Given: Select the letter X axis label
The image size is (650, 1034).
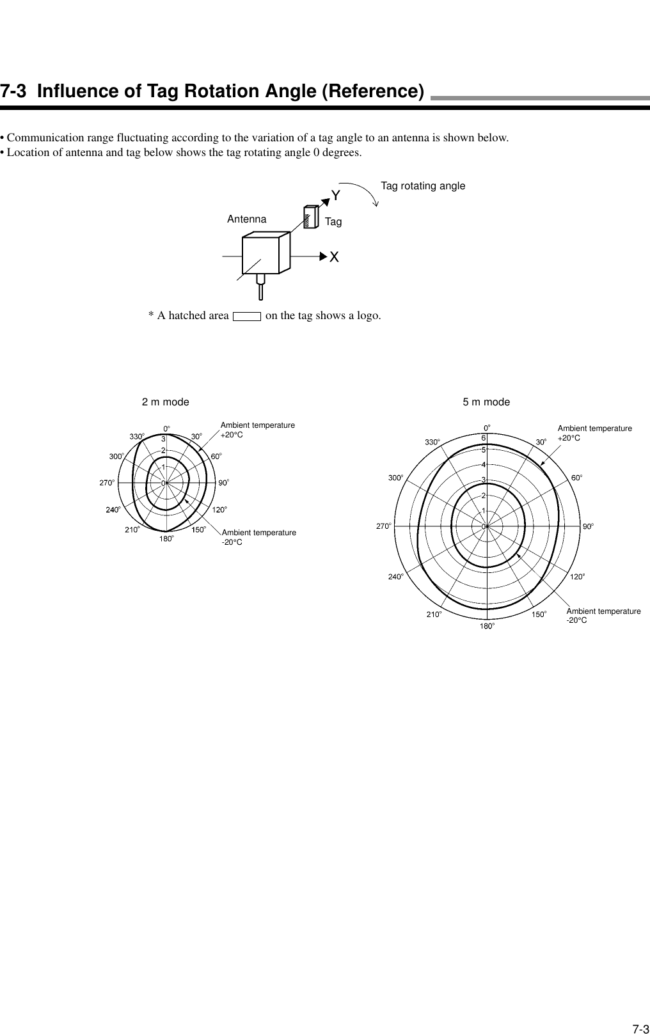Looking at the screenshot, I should pyautogui.click(x=335, y=256).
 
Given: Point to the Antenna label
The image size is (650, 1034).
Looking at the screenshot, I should pyautogui.click(x=246, y=219).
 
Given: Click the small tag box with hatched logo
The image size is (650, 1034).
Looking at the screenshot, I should pyautogui.click(x=310, y=217).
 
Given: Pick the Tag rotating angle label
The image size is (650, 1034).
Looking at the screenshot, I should pyautogui.click(x=423, y=185).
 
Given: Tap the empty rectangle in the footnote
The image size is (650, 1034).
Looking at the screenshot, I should pyautogui.click(x=247, y=316).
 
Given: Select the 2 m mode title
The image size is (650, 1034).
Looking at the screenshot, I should pyautogui.click(x=165, y=402).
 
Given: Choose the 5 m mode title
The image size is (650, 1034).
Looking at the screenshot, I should pyautogui.click(x=486, y=402).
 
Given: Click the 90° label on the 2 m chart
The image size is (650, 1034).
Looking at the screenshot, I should pyautogui.click(x=223, y=483).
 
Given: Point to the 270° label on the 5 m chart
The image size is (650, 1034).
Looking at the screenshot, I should pyautogui.click(x=383, y=526).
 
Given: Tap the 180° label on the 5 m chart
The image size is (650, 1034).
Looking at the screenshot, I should pyautogui.click(x=487, y=626).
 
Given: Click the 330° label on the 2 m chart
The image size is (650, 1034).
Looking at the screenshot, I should pyautogui.click(x=137, y=436).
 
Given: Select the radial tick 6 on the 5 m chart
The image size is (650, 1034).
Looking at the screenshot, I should pyautogui.click(x=484, y=438).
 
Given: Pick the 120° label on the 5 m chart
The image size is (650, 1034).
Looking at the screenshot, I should pyautogui.click(x=578, y=576).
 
